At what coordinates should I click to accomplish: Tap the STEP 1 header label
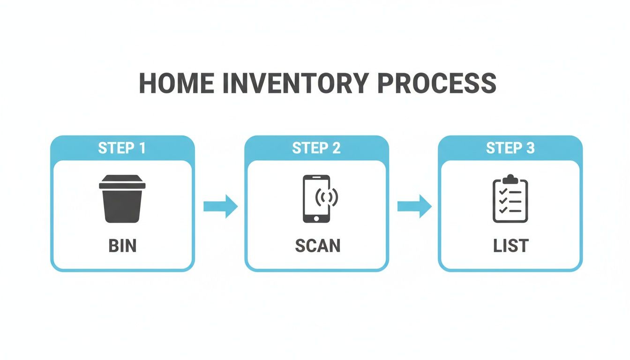click(122, 148)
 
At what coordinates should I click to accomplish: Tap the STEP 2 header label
click(316, 148)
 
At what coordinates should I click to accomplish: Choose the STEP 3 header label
click(510, 148)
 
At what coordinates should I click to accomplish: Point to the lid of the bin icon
click(122, 182)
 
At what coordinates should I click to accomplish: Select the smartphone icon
click(316, 199)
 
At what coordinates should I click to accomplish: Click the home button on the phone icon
click(316, 218)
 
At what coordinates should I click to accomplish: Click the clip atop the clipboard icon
click(510, 179)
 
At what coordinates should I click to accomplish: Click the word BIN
click(122, 246)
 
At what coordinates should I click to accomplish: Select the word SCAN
click(317, 246)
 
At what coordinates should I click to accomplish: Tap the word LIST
click(510, 246)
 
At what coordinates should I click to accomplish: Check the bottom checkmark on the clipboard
click(502, 210)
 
